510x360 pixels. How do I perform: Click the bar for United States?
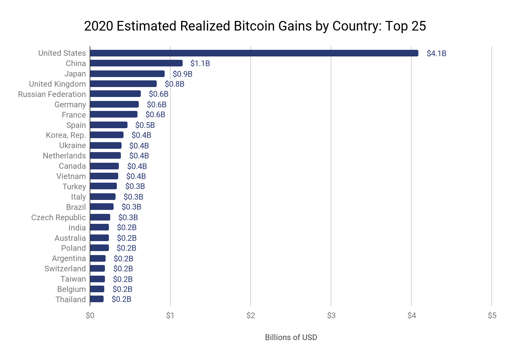point(254,53)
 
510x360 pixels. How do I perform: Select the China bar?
point(136,63)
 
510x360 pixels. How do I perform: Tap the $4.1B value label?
point(436,53)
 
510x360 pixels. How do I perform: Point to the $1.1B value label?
point(200,63)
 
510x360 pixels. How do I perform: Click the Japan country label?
point(75,74)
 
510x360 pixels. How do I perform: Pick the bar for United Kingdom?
point(123,84)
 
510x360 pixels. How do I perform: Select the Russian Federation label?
point(52,94)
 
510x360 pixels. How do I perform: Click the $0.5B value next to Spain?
point(145,125)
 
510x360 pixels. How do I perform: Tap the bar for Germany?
point(114,105)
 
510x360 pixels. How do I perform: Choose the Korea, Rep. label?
point(66,135)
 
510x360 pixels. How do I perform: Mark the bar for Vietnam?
point(104,176)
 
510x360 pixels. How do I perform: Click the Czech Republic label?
point(58,218)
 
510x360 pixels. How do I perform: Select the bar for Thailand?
point(97,299)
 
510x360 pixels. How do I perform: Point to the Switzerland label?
point(65,269)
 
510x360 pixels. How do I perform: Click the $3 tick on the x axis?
point(331,315)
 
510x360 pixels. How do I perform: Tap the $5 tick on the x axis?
point(492,315)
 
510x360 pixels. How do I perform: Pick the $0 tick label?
point(90,315)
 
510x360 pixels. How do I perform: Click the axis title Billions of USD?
point(291,337)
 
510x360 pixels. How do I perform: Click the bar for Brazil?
point(102,207)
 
